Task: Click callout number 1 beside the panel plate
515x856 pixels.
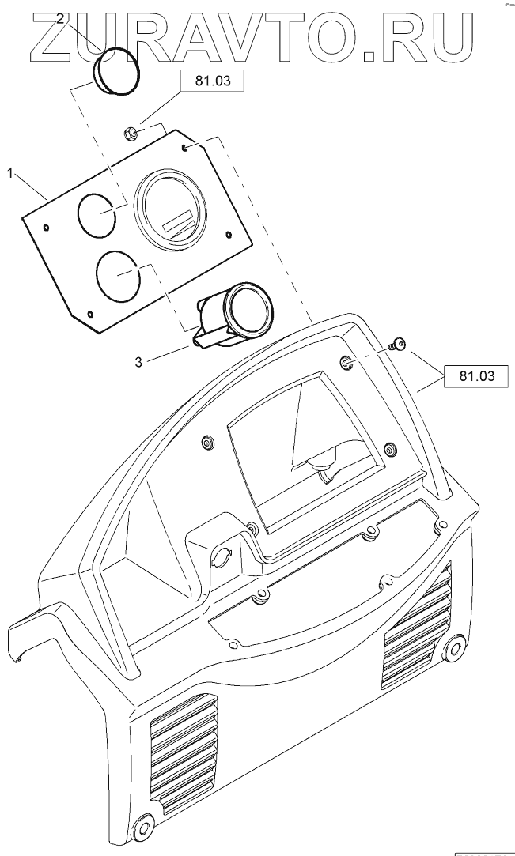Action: [11, 172]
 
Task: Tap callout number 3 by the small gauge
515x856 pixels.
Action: [138, 362]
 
